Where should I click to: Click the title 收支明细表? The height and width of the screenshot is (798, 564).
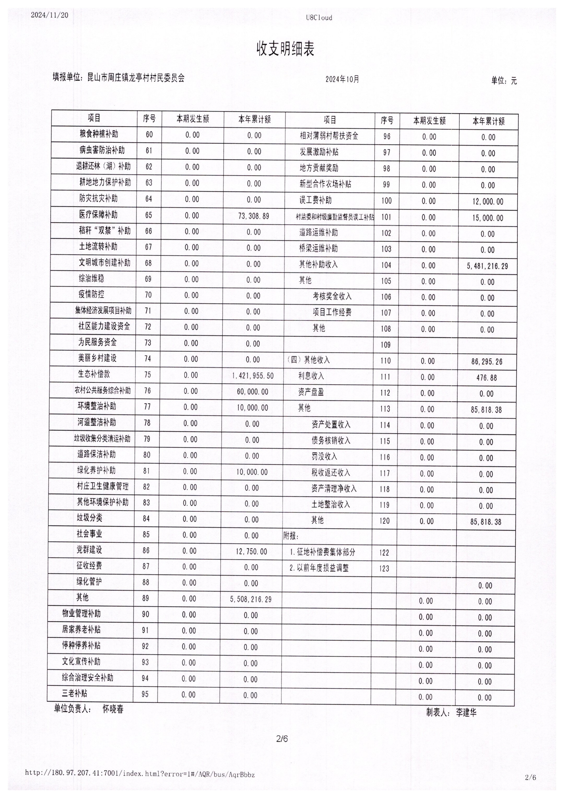(x=285, y=49)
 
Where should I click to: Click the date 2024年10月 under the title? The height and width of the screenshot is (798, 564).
(x=342, y=79)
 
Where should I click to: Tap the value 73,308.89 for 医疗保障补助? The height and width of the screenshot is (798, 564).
(x=254, y=216)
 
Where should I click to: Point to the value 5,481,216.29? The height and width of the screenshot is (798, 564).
(x=487, y=266)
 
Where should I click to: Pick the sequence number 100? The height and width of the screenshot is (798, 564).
(x=386, y=201)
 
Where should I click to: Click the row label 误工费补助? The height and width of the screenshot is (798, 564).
(x=315, y=200)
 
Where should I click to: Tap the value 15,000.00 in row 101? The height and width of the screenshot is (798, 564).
(x=487, y=218)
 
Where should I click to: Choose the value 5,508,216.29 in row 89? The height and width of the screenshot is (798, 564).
(x=251, y=599)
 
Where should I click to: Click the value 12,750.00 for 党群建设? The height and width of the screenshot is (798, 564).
(x=251, y=551)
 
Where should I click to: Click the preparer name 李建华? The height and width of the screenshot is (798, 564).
(x=466, y=712)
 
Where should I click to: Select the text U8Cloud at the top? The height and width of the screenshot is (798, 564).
(x=319, y=18)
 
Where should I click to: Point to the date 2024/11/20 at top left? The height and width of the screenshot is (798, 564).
(x=50, y=15)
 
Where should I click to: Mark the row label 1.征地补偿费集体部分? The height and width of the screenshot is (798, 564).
(x=323, y=552)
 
